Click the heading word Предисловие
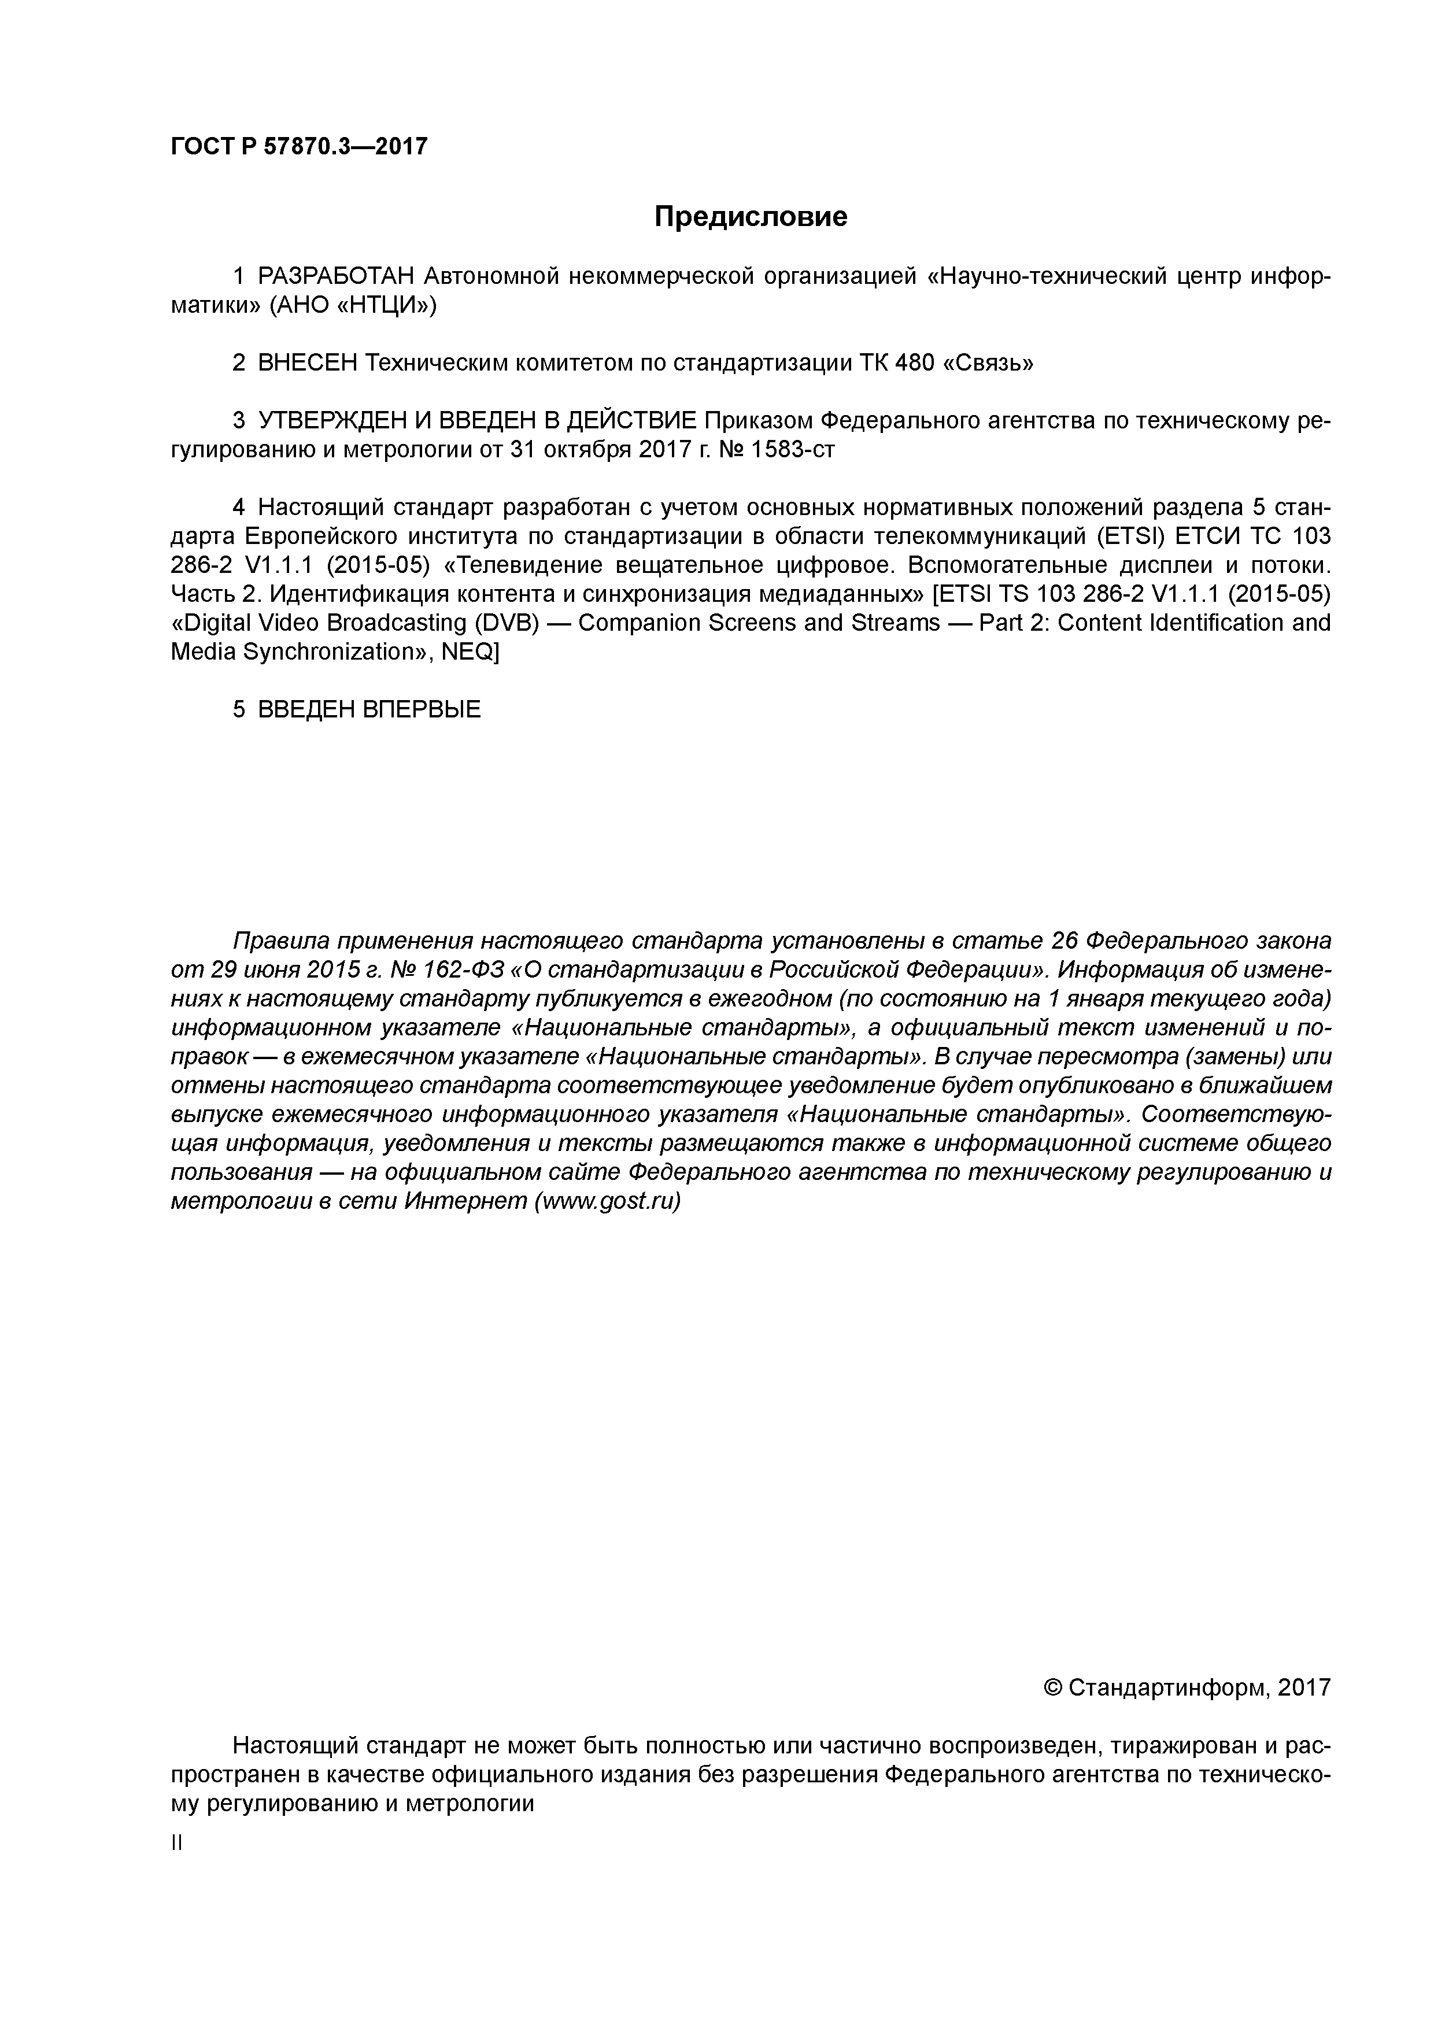(750, 216)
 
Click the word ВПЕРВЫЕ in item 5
(422, 709)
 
